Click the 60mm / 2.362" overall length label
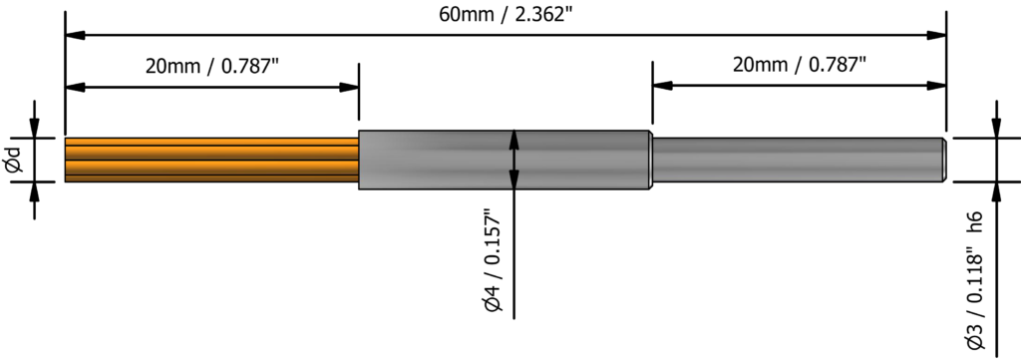coord(506,14)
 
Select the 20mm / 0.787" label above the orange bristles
coord(211,67)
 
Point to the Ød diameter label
coord(13,159)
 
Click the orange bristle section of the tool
coord(210,160)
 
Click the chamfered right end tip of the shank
coord(942,160)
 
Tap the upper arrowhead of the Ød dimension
coord(35,128)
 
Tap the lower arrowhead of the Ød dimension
coord(35,190)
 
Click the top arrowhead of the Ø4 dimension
coord(513,140)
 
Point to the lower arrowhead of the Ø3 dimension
coord(994,190)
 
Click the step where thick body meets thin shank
coord(651,160)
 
